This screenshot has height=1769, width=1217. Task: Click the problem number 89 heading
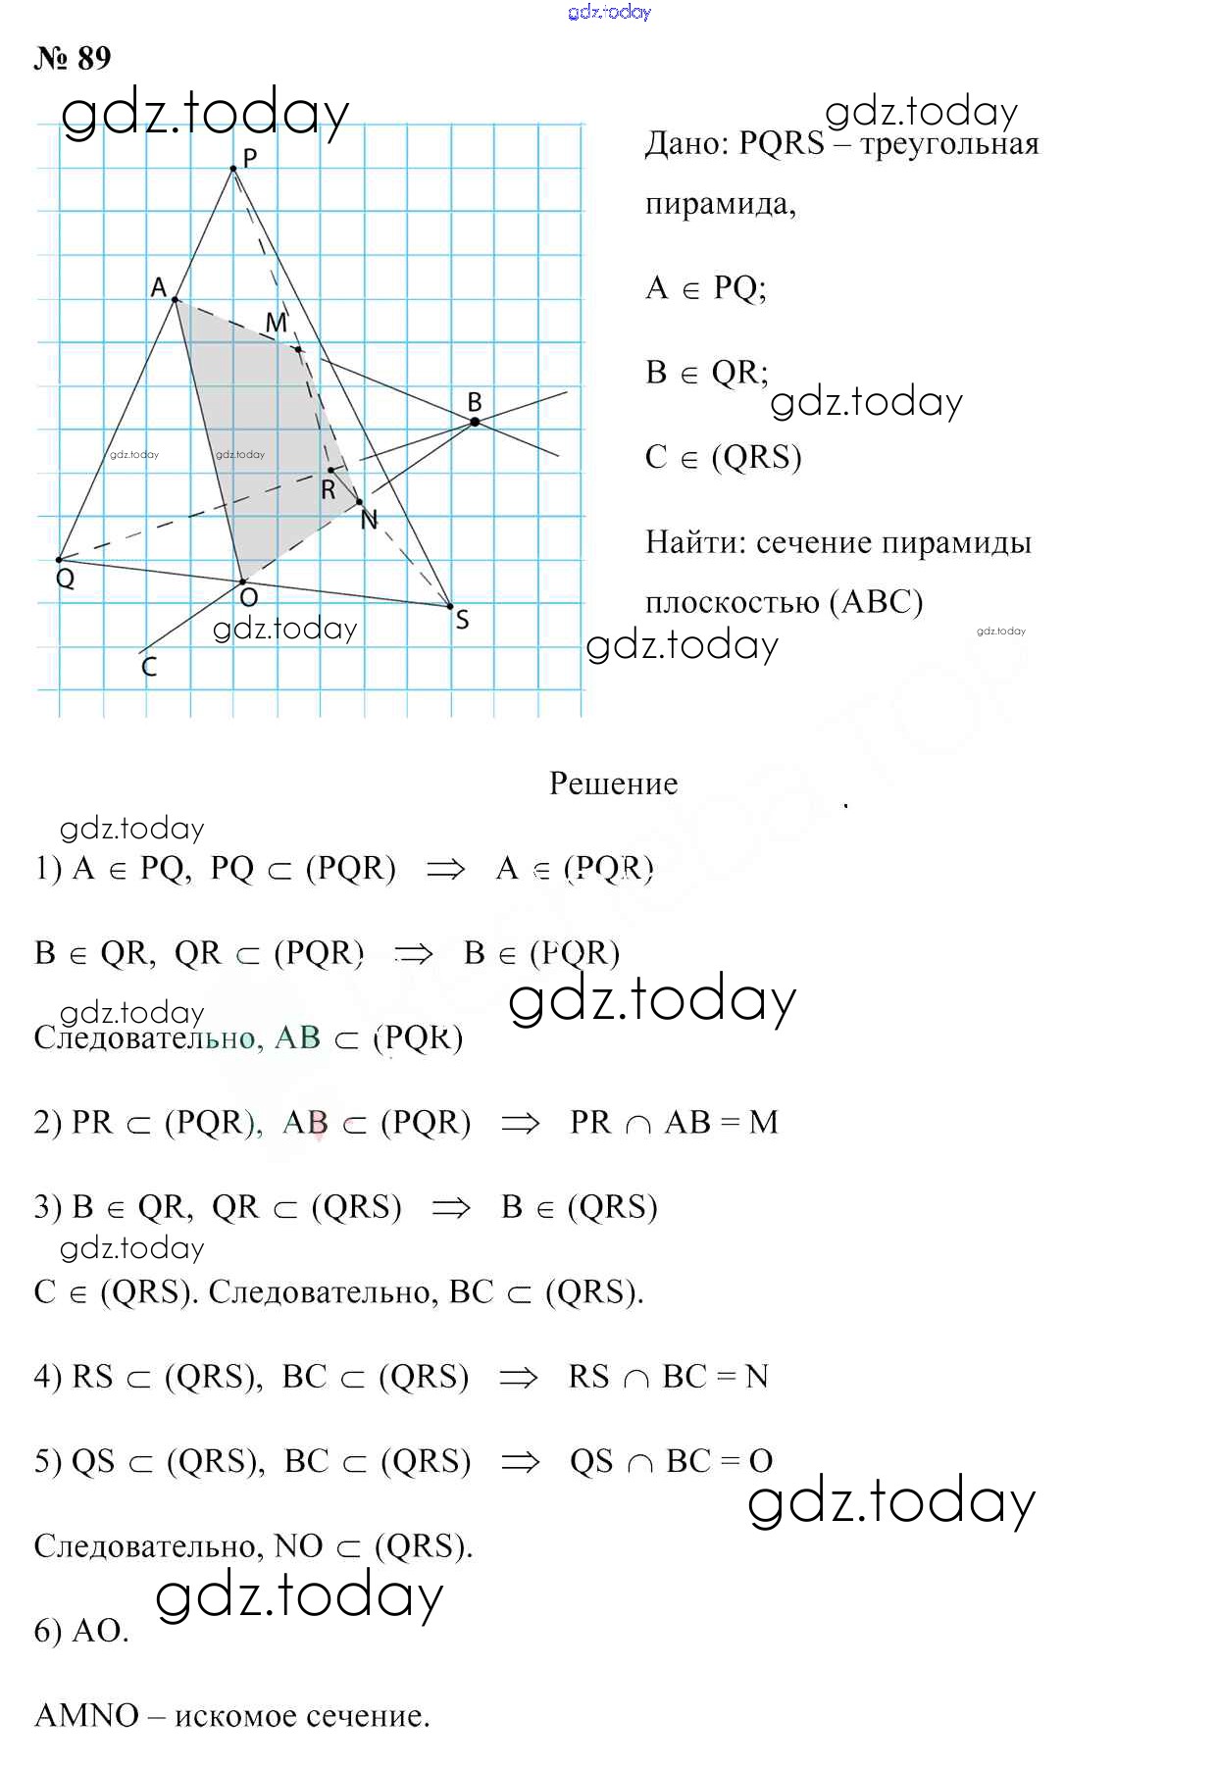point(74,58)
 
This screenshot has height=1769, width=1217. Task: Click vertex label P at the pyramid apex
point(250,157)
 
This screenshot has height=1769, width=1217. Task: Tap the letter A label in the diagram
point(159,287)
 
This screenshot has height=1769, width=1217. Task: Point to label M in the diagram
point(277,322)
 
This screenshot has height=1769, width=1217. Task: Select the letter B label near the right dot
point(475,401)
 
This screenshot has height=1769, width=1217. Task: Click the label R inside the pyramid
point(329,489)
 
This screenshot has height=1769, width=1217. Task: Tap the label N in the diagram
point(369,520)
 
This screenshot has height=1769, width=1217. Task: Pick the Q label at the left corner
point(66,579)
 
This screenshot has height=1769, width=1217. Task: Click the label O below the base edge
point(249,597)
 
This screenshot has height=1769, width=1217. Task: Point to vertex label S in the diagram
point(462,620)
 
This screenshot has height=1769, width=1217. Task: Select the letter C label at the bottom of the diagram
point(149,667)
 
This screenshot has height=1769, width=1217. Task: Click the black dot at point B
point(475,422)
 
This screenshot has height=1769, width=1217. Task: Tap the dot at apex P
point(233,170)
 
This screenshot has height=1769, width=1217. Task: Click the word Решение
point(613,783)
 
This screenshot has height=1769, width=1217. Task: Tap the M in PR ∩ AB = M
point(763,1122)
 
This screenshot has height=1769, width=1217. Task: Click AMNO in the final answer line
point(87,1715)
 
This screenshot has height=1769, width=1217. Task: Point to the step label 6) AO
point(81,1631)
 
